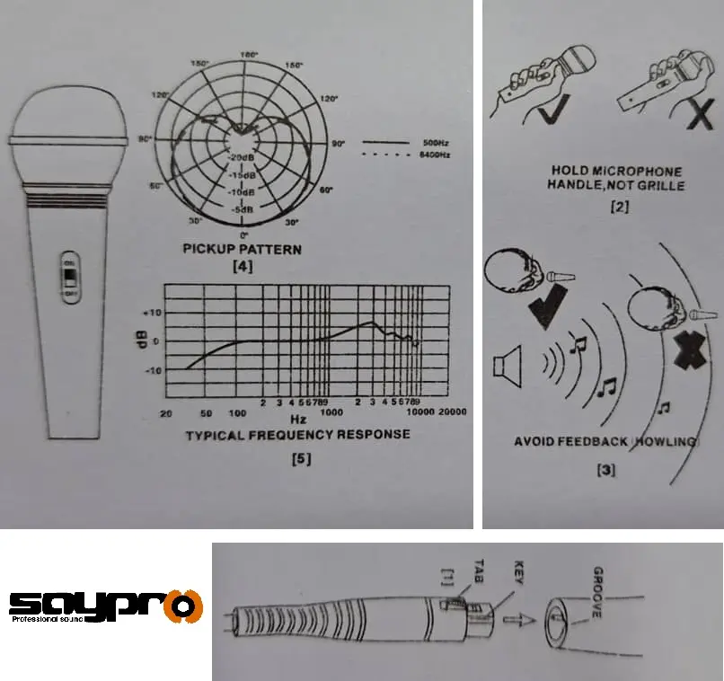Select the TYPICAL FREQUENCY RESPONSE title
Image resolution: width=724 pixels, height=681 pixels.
[x=297, y=434]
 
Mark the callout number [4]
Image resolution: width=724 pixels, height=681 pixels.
[x=243, y=267]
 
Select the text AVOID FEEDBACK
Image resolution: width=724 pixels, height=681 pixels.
[x=575, y=441]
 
